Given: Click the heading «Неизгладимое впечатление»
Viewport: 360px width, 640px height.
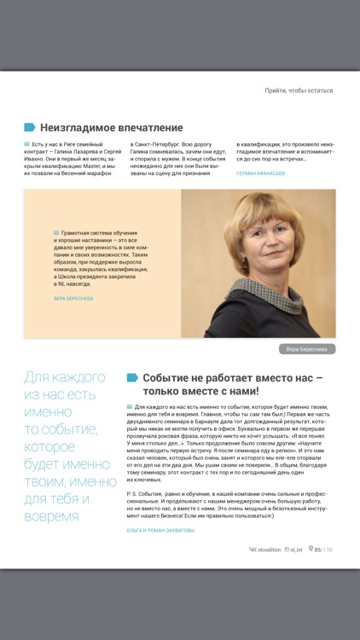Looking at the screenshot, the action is click(x=111, y=127).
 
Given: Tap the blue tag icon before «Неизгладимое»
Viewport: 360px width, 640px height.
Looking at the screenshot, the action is click(x=30, y=127).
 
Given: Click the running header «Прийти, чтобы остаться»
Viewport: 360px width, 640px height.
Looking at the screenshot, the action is click(x=299, y=90).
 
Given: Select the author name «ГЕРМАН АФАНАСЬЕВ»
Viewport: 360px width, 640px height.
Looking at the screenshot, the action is click(x=261, y=172).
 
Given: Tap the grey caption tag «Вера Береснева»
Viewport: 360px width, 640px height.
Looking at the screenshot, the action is click(x=307, y=349).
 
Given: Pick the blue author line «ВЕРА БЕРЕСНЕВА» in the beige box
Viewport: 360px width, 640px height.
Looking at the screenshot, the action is click(x=73, y=299).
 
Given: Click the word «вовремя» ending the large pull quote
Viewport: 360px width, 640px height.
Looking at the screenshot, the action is click(x=52, y=517).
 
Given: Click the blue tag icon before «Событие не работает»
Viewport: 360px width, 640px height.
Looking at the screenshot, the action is click(x=132, y=377).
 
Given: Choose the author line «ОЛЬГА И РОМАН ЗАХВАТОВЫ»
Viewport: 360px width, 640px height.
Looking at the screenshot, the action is click(x=160, y=530).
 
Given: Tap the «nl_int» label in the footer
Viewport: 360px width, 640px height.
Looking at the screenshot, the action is click(x=296, y=550).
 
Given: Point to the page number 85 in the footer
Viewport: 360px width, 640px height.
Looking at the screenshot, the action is click(x=317, y=550).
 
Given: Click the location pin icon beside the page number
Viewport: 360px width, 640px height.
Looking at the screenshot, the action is click(x=311, y=550).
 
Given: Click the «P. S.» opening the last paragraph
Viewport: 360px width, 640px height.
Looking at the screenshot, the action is click(x=133, y=493).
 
